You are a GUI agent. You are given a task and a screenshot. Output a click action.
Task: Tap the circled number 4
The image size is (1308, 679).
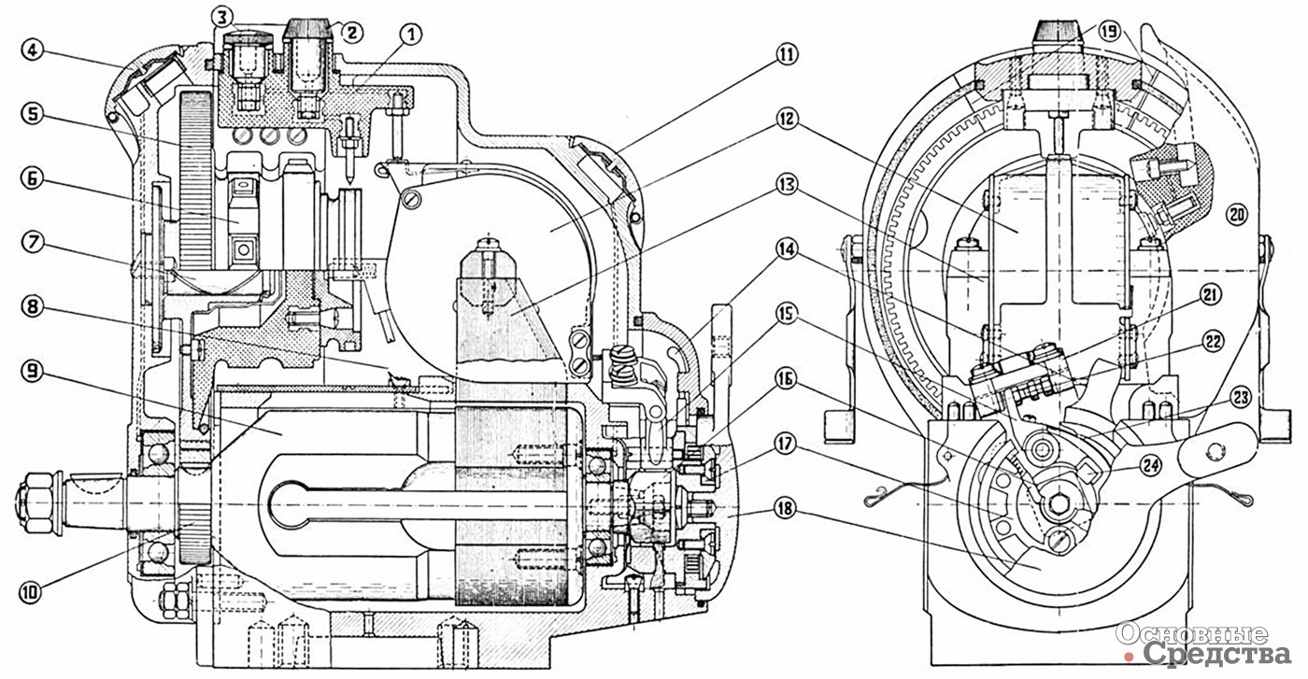point(32,50)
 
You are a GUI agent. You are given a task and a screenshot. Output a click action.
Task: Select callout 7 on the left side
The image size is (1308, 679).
point(33,242)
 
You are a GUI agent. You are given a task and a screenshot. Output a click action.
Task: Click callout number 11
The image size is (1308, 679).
point(787,55)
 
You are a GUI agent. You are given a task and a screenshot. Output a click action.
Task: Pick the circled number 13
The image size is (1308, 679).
point(787,185)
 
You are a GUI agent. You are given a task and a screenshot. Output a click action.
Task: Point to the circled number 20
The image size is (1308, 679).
point(1237,215)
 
